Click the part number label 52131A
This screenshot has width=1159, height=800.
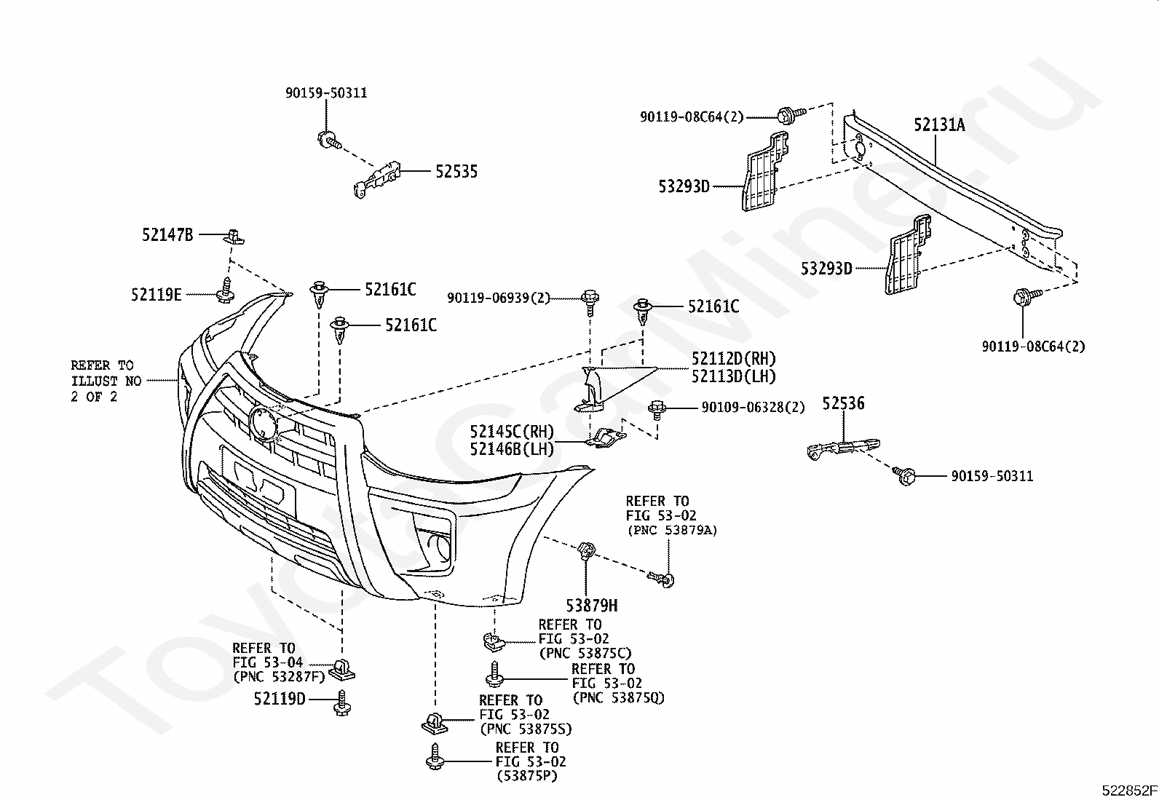pyautogui.click(x=939, y=124)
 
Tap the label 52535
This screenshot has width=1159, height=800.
pyautogui.click(x=456, y=171)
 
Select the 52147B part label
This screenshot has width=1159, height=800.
pyautogui.click(x=167, y=235)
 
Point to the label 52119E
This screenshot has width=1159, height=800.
pyautogui.click(x=157, y=294)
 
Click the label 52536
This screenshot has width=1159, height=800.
pyautogui.click(x=843, y=403)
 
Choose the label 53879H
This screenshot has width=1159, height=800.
pyautogui.click(x=592, y=606)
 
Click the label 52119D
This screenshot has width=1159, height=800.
pyautogui.click(x=280, y=699)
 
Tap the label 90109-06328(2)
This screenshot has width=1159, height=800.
pyautogui.click(x=753, y=408)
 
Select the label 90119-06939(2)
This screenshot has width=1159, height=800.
pyautogui.click(x=499, y=298)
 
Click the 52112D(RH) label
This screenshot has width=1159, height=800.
pyautogui.click(x=734, y=359)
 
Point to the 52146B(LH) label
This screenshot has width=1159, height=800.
pyautogui.click(x=512, y=448)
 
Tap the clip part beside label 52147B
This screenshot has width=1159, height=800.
pyautogui.click(x=234, y=237)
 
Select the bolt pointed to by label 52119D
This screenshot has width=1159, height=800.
pyautogui.click(x=341, y=703)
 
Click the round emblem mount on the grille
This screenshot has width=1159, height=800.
pyautogui.click(x=264, y=423)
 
